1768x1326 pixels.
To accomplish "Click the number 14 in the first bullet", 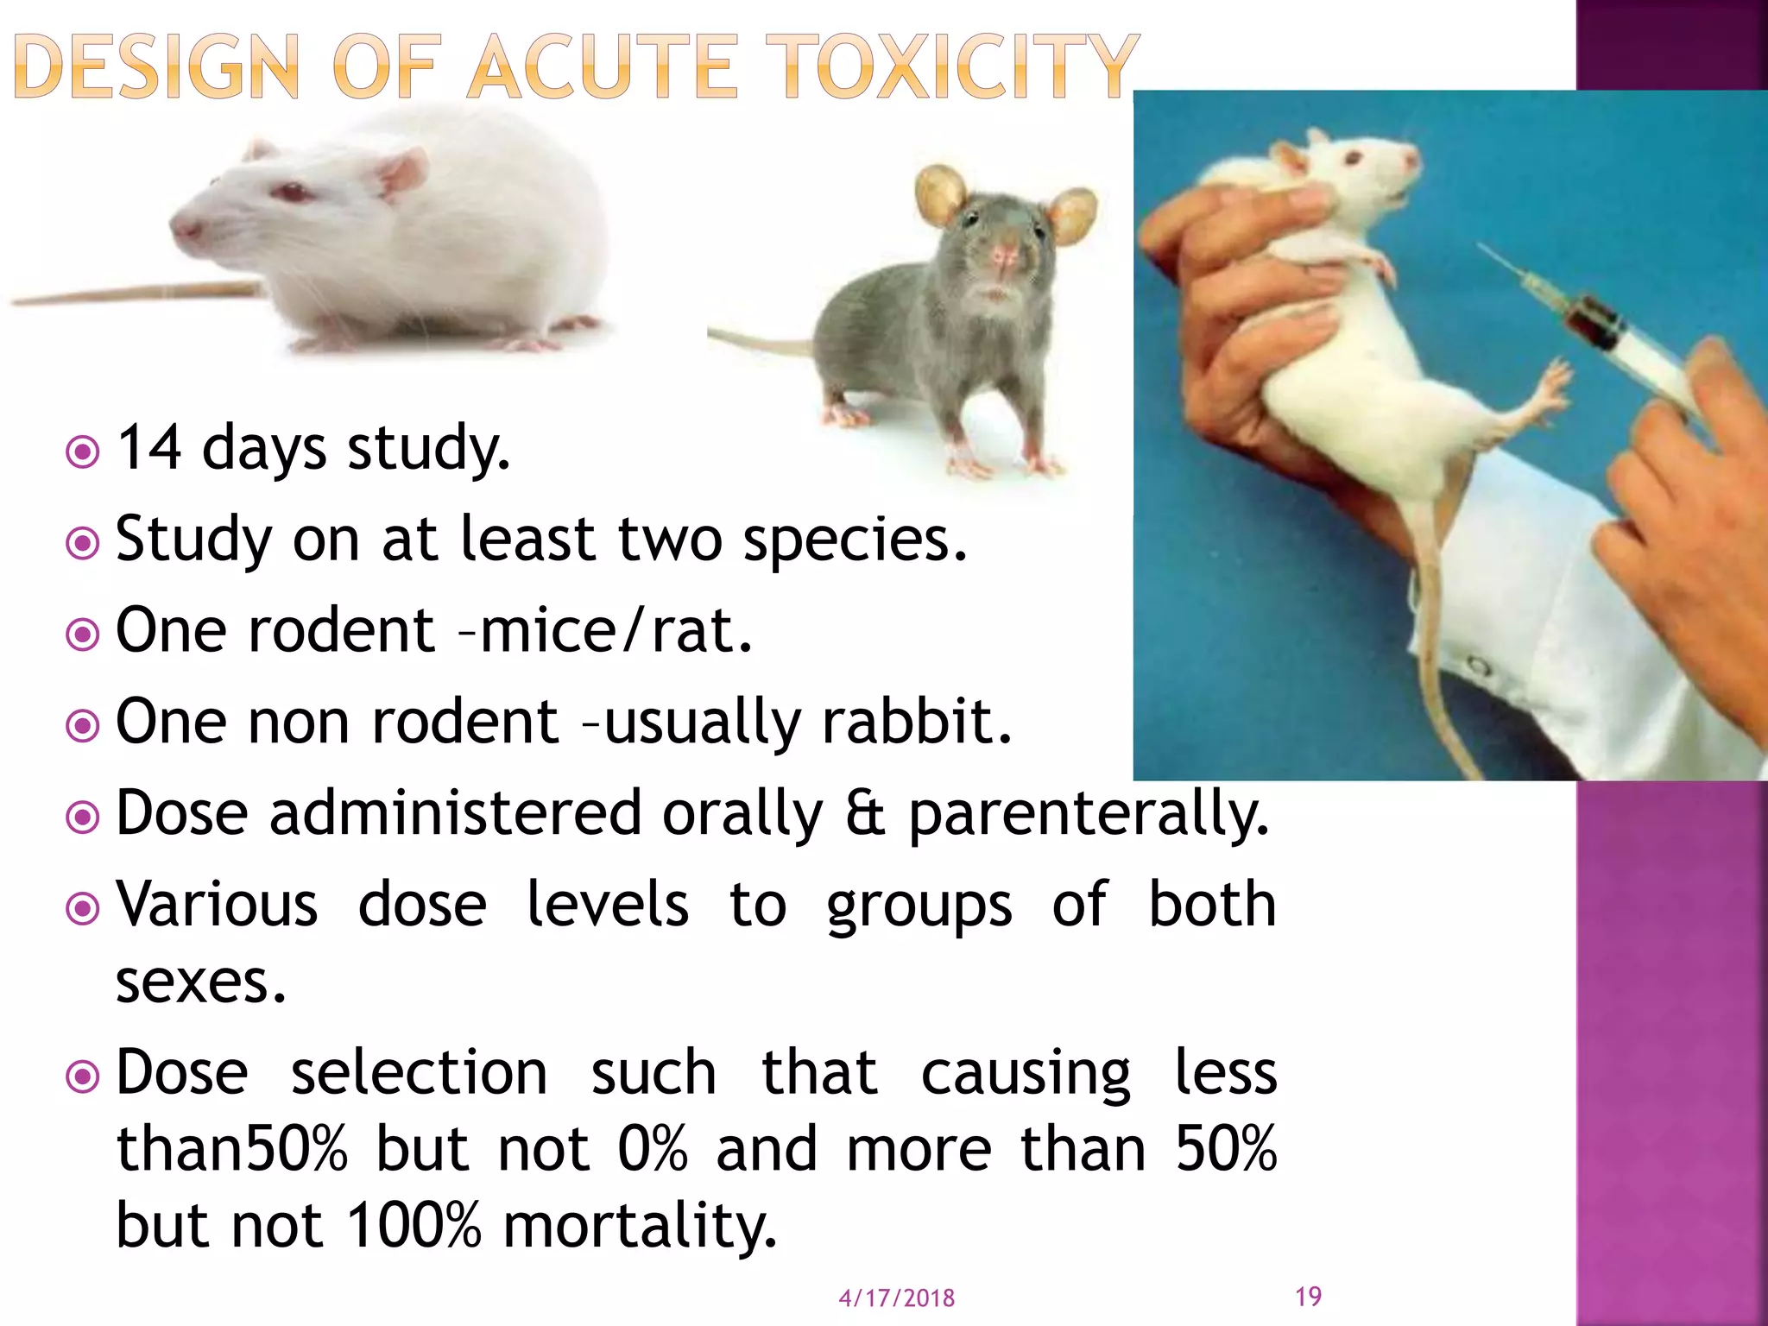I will click(x=148, y=448).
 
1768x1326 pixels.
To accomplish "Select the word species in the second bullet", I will click(x=855, y=540).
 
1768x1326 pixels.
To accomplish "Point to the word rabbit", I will click(x=916, y=722).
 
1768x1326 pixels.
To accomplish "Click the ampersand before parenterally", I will click(x=865, y=813).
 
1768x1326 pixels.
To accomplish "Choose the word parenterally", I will click(x=1089, y=815).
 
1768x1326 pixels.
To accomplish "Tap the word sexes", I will click(x=200, y=982).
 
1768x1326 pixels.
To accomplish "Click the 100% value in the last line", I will click(x=413, y=1225).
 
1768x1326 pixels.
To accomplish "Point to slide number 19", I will click(x=1308, y=1296).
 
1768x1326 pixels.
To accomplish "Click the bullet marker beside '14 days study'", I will click(x=83, y=451).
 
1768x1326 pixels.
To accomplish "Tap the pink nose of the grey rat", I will click(x=1003, y=255).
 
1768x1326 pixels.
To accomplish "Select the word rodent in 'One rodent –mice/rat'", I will click(x=341, y=631).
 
